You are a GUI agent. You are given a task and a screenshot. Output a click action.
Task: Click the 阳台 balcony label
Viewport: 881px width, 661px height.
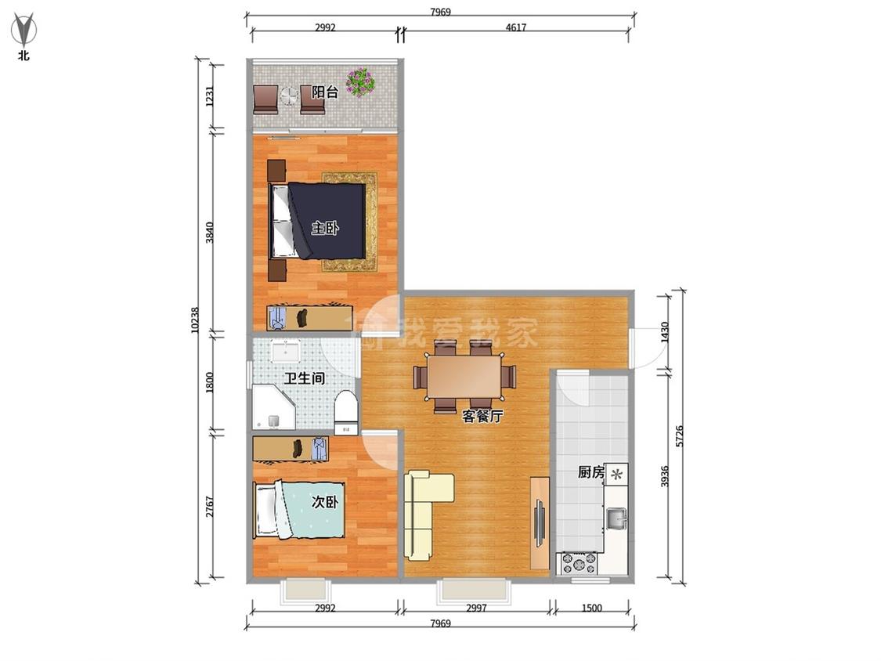(325, 92)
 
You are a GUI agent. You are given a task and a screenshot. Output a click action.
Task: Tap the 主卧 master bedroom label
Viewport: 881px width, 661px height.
(325, 228)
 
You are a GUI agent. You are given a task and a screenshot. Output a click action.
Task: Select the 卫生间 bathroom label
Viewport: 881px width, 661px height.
(304, 377)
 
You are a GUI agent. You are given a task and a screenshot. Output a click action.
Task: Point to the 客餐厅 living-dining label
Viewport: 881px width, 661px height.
(482, 416)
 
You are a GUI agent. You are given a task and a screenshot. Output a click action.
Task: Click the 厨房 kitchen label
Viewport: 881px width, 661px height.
(591, 471)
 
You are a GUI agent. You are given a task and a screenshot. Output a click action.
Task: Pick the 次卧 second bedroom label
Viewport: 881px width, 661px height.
(325, 501)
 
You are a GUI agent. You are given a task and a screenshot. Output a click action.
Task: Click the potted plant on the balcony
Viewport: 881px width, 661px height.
(360, 82)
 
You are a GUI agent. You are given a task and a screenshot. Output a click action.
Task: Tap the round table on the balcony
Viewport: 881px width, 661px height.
(289, 96)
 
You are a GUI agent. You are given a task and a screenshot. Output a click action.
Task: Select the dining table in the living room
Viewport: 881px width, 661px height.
(464, 376)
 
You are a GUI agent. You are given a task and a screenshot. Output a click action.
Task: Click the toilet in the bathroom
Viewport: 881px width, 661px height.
(345, 413)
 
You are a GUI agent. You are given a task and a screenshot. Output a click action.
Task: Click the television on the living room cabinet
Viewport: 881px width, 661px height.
(540, 522)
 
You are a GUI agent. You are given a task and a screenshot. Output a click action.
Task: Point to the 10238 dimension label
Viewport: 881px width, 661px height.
(195, 320)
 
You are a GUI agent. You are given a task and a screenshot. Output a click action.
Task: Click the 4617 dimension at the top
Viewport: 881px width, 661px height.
(516, 27)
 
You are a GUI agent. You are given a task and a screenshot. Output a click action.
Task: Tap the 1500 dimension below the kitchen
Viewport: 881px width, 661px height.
(592, 608)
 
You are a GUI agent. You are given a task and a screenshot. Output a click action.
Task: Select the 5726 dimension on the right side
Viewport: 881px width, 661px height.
(679, 436)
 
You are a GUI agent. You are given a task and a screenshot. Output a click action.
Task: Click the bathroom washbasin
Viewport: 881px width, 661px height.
(287, 349)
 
